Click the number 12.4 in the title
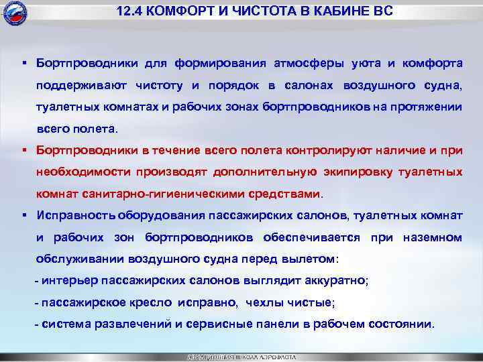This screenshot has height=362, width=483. point(129,13)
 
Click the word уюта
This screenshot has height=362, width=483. point(368,63)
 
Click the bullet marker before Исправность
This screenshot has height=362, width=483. point(23,215)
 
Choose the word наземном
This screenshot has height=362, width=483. point(432,237)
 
